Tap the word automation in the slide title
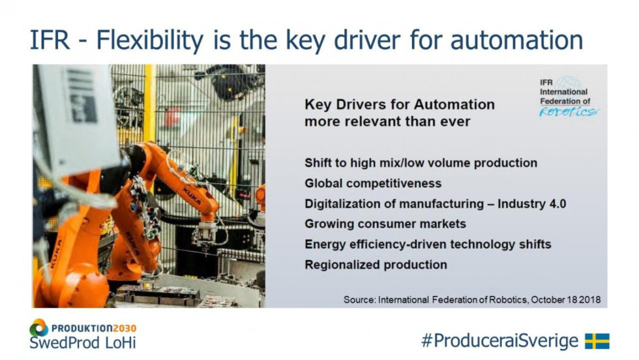[x=516, y=40]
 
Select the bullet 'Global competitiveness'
[x=373, y=183]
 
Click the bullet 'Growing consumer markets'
[x=385, y=224]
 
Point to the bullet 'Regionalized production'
[x=376, y=265]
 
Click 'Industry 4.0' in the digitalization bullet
[x=532, y=203]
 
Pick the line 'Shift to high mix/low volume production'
[x=421, y=163]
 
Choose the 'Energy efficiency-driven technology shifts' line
[x=428, y=244]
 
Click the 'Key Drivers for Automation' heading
[x=399, y=104]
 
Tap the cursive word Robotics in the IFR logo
[x=569, y=112]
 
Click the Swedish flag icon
[x=597, y=341]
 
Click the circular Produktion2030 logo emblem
[x=38, y=327]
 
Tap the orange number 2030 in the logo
[x=125, y=328]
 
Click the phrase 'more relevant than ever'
[x=387, y=121]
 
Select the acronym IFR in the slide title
[x=50, y=40]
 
